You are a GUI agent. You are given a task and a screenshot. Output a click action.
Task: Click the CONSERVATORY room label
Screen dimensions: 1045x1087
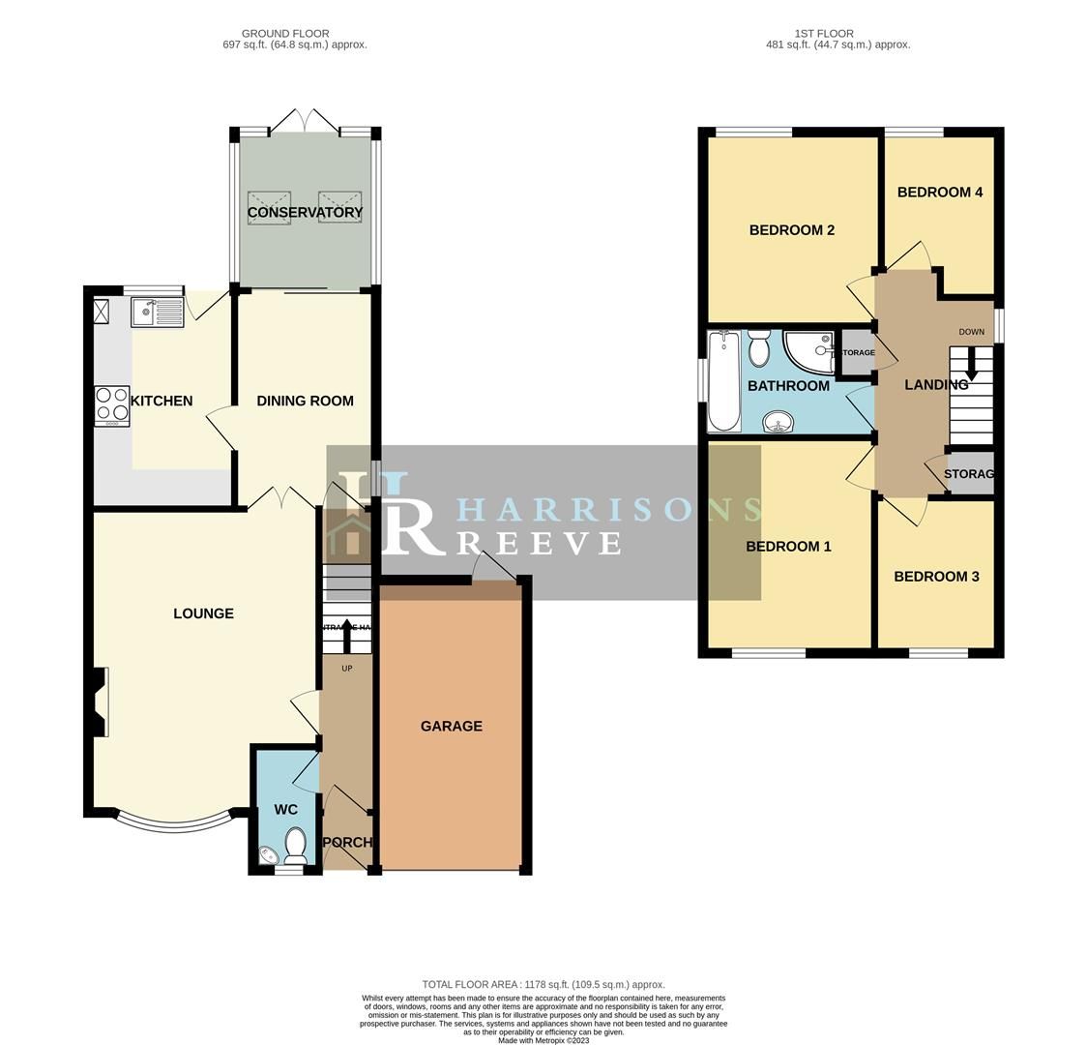(x=305, y=212)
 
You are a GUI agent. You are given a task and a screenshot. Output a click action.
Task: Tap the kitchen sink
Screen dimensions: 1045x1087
(x=157, y=313)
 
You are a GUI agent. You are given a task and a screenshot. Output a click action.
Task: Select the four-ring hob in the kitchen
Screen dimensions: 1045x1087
(x=113, y=406)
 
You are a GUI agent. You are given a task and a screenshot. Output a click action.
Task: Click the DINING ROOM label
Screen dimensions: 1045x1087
(x=305, y=401)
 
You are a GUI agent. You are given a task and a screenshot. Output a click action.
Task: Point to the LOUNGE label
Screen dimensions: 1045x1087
(x=203, y=613)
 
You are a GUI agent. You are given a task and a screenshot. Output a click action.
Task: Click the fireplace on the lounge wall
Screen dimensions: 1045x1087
(x=99, y=702)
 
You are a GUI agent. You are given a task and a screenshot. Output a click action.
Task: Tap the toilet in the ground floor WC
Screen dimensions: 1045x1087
(x=296, y=844)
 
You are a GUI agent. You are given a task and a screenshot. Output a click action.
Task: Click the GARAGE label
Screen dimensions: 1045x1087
(x=451, y=726)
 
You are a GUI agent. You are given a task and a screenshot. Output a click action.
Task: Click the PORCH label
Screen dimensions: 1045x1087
(x=346, y=842)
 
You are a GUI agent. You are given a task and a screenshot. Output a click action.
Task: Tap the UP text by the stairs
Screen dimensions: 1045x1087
(x=346, y=669)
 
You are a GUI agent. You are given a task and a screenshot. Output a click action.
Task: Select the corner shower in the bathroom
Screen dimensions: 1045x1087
(x=808, y=353)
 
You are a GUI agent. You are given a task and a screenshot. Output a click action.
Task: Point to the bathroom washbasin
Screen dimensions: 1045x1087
(x=778, y=422)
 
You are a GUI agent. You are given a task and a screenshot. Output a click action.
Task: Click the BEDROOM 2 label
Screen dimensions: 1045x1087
(x=791, y=230)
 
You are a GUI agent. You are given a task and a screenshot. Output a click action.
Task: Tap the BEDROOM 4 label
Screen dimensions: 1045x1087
(x=939, y=193)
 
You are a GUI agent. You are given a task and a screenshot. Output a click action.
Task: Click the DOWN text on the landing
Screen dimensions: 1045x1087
(x=971, y=332)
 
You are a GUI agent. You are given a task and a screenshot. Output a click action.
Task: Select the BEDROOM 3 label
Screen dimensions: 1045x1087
(x=936, y=577)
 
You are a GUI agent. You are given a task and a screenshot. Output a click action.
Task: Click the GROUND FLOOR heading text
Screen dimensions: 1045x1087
(x=285, y=34)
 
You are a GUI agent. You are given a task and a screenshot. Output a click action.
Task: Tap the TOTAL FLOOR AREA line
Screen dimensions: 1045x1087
(x=543, y=984)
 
